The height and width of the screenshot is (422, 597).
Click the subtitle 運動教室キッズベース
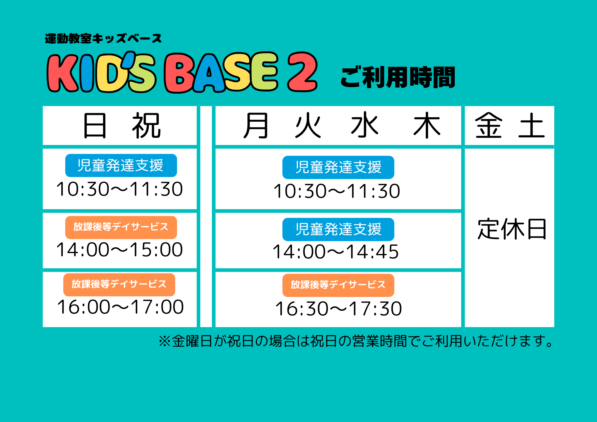tap(103, 38)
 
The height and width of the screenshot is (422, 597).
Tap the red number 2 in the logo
tap(302, 72)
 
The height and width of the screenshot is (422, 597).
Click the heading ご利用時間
tap(398, 77)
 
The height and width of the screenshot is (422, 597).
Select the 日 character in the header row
tap(95, 126)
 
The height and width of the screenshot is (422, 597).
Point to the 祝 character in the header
tap(146, 126)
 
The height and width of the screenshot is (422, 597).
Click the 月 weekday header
tap(256, 126)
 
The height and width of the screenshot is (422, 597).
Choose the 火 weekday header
tap(308, 126)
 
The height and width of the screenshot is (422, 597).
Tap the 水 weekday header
tap(365, 125)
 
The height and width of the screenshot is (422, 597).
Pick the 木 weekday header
tap(427, 125)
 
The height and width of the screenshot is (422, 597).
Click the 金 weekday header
tap(489, 125)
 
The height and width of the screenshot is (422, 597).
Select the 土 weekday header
tap(532, 126)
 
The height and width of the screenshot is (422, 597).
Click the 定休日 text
tap(512, 229)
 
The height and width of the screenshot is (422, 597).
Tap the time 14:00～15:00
tap(119, 249)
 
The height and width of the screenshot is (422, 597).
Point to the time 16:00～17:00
tap(120, 307)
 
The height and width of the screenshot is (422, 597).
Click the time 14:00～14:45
tap(336, 252)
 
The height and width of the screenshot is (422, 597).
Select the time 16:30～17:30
tap(338, 309)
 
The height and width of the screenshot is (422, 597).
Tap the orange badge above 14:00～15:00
tap(121, 227)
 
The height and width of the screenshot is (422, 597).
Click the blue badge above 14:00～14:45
tap(338, 230)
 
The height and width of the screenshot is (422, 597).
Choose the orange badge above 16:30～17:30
tap(338, 285)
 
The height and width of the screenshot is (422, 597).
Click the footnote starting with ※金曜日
tap(356, 341)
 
